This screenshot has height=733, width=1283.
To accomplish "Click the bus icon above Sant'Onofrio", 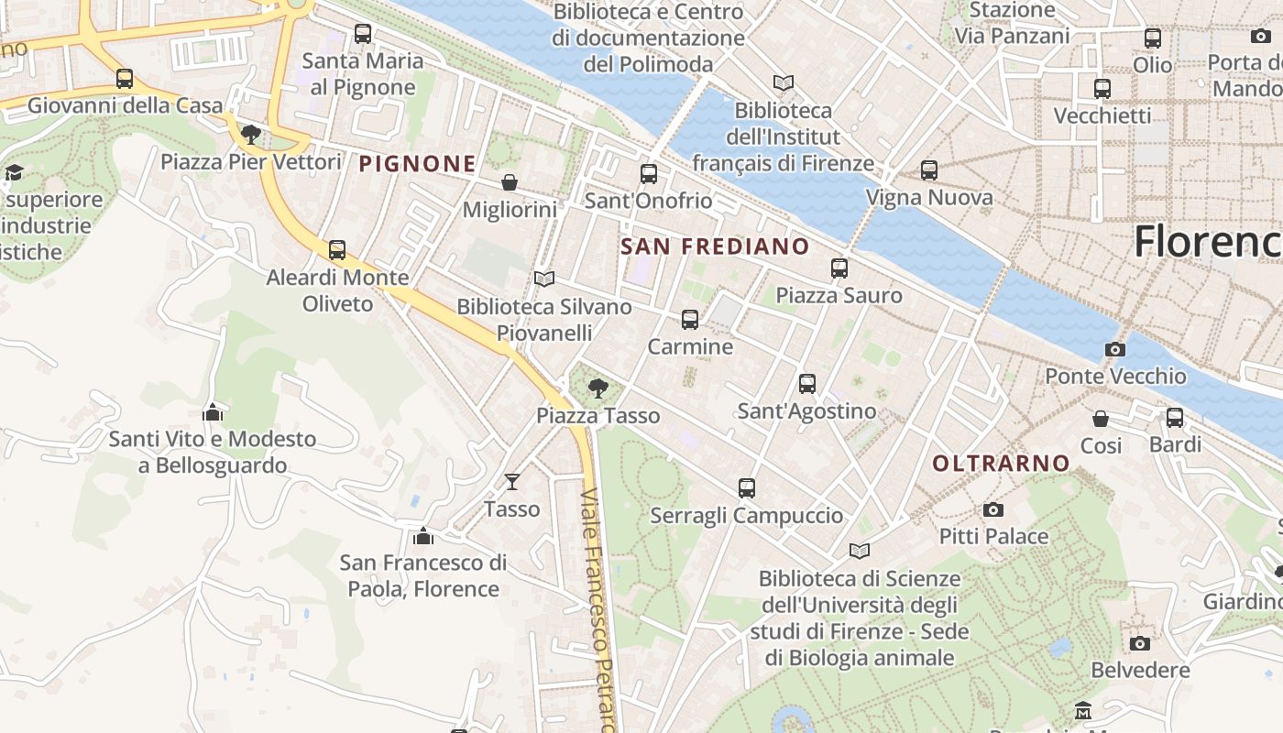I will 649,173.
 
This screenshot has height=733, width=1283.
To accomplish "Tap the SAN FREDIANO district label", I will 715,246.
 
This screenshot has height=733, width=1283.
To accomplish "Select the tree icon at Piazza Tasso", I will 598,388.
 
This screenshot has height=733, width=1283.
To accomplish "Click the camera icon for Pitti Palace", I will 992,509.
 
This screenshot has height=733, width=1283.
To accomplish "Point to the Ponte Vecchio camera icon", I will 1115,349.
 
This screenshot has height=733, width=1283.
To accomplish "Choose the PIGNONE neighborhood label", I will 417,164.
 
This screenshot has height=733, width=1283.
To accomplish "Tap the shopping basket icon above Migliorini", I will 510,182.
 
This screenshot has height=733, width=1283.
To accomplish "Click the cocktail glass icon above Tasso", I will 511,481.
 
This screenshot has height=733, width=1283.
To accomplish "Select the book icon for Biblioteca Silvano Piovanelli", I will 544,279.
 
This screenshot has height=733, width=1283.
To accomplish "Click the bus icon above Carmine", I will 690,320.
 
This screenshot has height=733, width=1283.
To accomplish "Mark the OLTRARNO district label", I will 1001,464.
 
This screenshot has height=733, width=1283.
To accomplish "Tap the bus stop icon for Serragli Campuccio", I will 747,488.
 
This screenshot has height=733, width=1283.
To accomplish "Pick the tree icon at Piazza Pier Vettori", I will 250,136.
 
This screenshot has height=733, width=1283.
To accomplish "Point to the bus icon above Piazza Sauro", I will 839,268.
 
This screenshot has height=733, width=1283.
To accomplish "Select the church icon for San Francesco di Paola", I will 422,535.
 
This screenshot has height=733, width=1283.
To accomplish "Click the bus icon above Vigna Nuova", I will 929,170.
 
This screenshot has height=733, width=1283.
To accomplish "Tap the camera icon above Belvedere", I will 1140,643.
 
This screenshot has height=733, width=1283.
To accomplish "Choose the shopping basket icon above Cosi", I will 1101,419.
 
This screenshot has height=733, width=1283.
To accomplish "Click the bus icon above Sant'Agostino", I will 807,384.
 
